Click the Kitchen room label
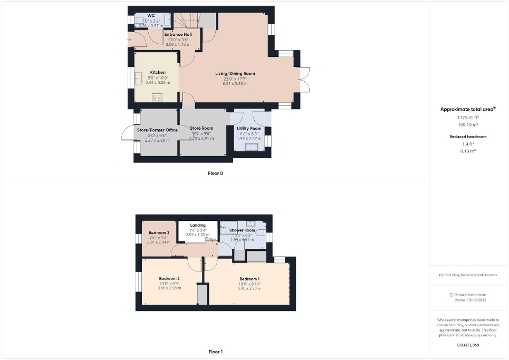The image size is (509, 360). [x=158, y=72]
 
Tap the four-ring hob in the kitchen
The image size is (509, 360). [x=157, y=97]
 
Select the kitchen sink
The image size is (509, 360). [x=139, y=79]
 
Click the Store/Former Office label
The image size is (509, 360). [x=157, y=130]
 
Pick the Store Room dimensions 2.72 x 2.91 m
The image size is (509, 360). [x=201, y=139]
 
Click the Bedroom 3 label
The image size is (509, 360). [x=159, y=233]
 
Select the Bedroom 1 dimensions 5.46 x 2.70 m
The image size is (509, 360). [x=249, y=289]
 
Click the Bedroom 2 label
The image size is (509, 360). [x=169, y=278]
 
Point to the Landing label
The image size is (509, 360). [x=198, y=226]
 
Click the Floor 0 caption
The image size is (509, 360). [x=216, y=173]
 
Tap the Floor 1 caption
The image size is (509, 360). [x=216, y=352]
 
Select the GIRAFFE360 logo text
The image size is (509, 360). [x=468, y=344]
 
